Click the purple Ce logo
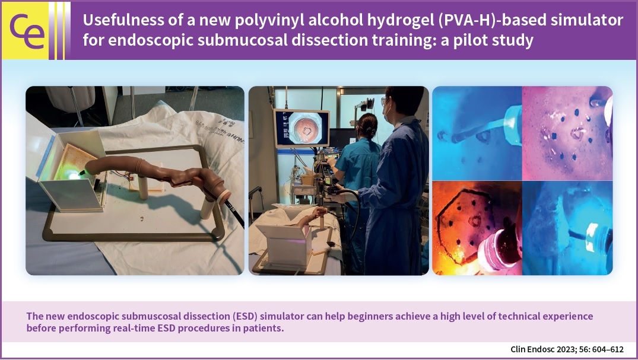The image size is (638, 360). point(27,31)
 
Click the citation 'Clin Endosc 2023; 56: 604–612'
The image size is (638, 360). point(567,349)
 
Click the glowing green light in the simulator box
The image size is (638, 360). point(73,175)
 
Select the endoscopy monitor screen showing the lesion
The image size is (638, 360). point(301,128)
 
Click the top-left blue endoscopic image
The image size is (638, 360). point(477,133)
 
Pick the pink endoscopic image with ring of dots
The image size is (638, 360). point(567,133)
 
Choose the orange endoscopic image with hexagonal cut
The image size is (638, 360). point(477,228)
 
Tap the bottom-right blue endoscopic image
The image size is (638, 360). point(567,228)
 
